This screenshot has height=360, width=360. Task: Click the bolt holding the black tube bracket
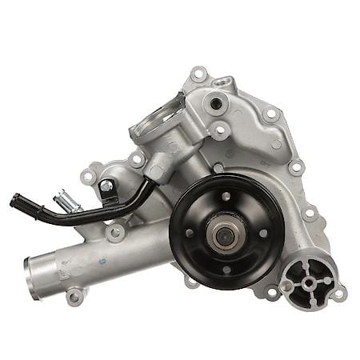tap(106, 186)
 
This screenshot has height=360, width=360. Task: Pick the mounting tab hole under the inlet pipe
tap(75, 297)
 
